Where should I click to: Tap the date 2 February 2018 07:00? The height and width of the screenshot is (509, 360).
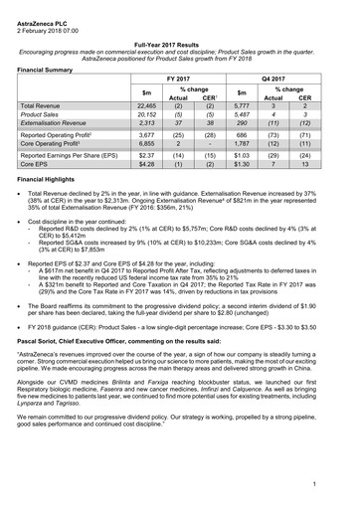[x=47, y=20]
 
